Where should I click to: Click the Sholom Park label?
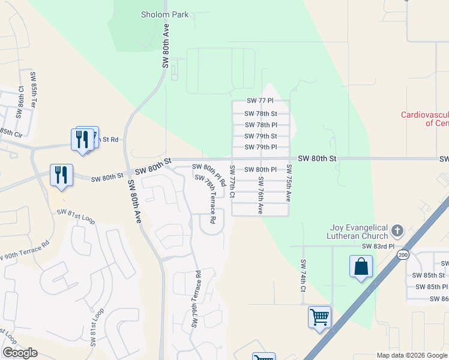tap(164, 14)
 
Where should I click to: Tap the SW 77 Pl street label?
tap(261, 102)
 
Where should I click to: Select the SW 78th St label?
tap(261, 113)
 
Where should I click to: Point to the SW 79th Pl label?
tap(261, 147)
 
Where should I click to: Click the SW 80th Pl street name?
tap(261, 170)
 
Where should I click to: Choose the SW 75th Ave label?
tap(289, 182)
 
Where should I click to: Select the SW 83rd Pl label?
tap(378, 246)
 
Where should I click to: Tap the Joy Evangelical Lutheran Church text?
tap(361, 232)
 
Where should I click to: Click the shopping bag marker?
tap(361, 266)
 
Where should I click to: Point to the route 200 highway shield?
tap(400, 254)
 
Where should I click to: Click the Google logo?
tap(20, 352)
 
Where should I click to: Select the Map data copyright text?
tap(411, 355)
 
